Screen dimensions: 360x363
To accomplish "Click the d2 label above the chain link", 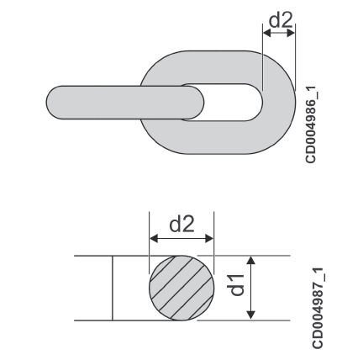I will (281, 19).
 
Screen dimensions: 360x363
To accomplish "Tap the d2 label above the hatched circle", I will (181, 225).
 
